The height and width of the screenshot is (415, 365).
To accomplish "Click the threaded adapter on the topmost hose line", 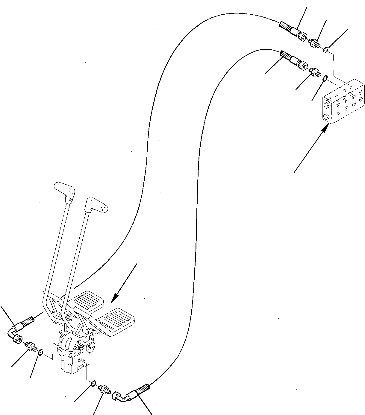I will tap(315, 42).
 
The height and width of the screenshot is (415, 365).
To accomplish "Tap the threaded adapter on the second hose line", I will tap(315, 72).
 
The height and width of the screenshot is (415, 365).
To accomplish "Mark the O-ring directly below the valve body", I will tap(93, 383).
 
